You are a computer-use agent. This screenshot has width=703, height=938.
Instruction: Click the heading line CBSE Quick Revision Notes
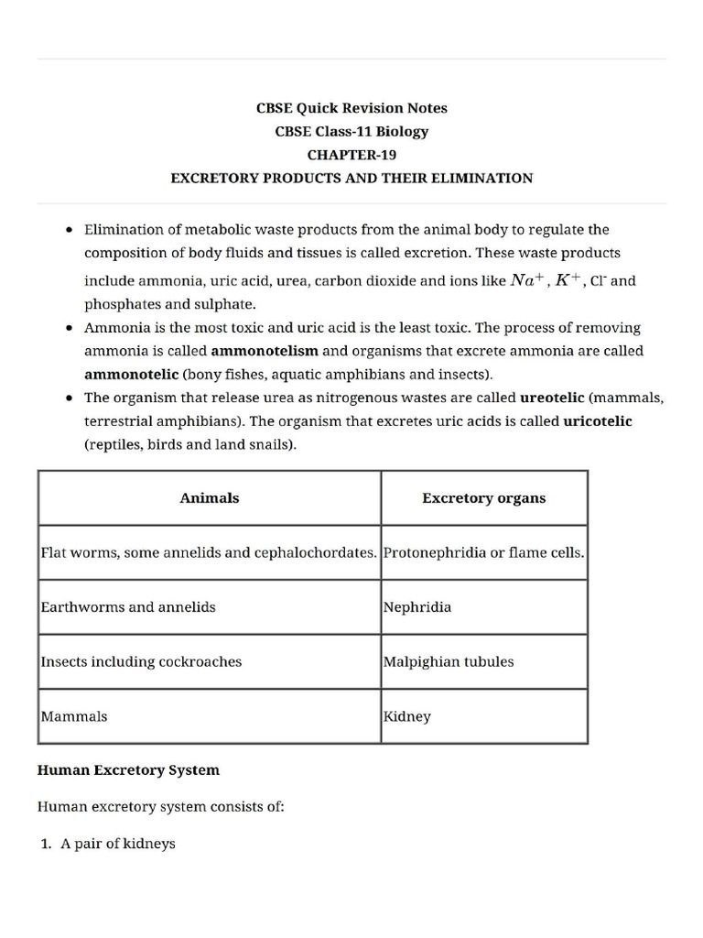tap(351, 108)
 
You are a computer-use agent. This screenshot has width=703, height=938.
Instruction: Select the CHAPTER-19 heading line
tap(351, 155)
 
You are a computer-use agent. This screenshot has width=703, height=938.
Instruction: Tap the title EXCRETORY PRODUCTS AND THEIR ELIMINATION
tap(351, 179)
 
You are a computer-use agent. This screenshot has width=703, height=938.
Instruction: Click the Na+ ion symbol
tap(527, 280)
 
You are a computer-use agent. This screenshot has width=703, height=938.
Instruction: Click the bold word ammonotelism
tap(265, 351)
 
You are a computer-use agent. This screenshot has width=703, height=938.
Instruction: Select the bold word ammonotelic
tap(131, 375)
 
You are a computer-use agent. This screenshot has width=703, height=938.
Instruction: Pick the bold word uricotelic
tap(597, 421)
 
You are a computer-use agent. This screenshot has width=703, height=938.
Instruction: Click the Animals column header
tap(210, 498)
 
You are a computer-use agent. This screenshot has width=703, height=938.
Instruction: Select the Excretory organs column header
tap(483, 498)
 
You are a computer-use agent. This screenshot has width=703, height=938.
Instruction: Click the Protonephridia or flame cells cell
tap(483, 553)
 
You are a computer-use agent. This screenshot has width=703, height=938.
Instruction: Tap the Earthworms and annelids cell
tap(128, 607)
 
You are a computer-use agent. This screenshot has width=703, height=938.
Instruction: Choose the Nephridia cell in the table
tap(417, 607)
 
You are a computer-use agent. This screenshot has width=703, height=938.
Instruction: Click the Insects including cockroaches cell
tap(141, 661)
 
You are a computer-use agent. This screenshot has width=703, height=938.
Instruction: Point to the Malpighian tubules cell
tap(449, 661)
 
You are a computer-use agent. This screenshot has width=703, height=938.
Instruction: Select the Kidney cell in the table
tap(407, 716)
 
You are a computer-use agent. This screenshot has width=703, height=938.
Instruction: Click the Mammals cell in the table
tap(74, 716)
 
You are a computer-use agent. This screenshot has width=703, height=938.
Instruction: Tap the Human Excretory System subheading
tap(128, 770)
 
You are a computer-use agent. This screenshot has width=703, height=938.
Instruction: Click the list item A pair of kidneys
tap(117, 844)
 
